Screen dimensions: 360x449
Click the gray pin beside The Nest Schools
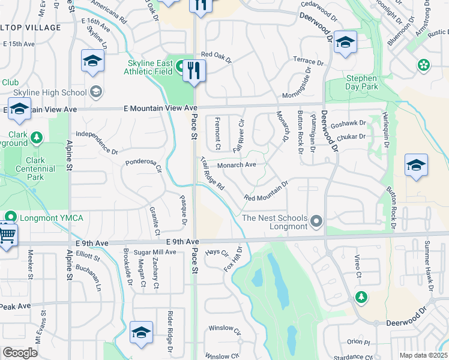(x=316, y=223)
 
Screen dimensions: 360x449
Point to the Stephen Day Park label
(x=361, y=83)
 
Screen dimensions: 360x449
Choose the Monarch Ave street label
(x=237, y=164)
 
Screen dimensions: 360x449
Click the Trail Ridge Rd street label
(x=212, y=175)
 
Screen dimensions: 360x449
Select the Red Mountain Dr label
(x=267, y=191)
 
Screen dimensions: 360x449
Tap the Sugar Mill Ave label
(x=155, y=253)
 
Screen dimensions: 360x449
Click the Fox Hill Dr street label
(x=234, y=257)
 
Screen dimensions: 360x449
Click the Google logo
(x=20, y=353)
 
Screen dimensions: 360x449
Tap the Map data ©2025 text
(x=423, y=355)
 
